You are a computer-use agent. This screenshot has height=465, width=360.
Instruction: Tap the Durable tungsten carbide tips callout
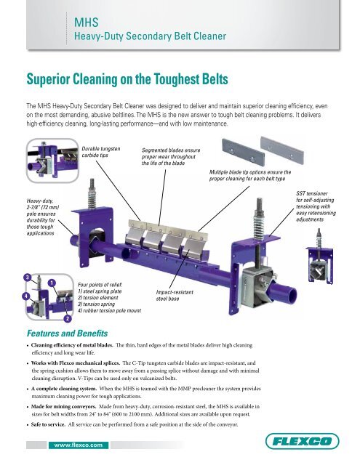click(x=98, y=153)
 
